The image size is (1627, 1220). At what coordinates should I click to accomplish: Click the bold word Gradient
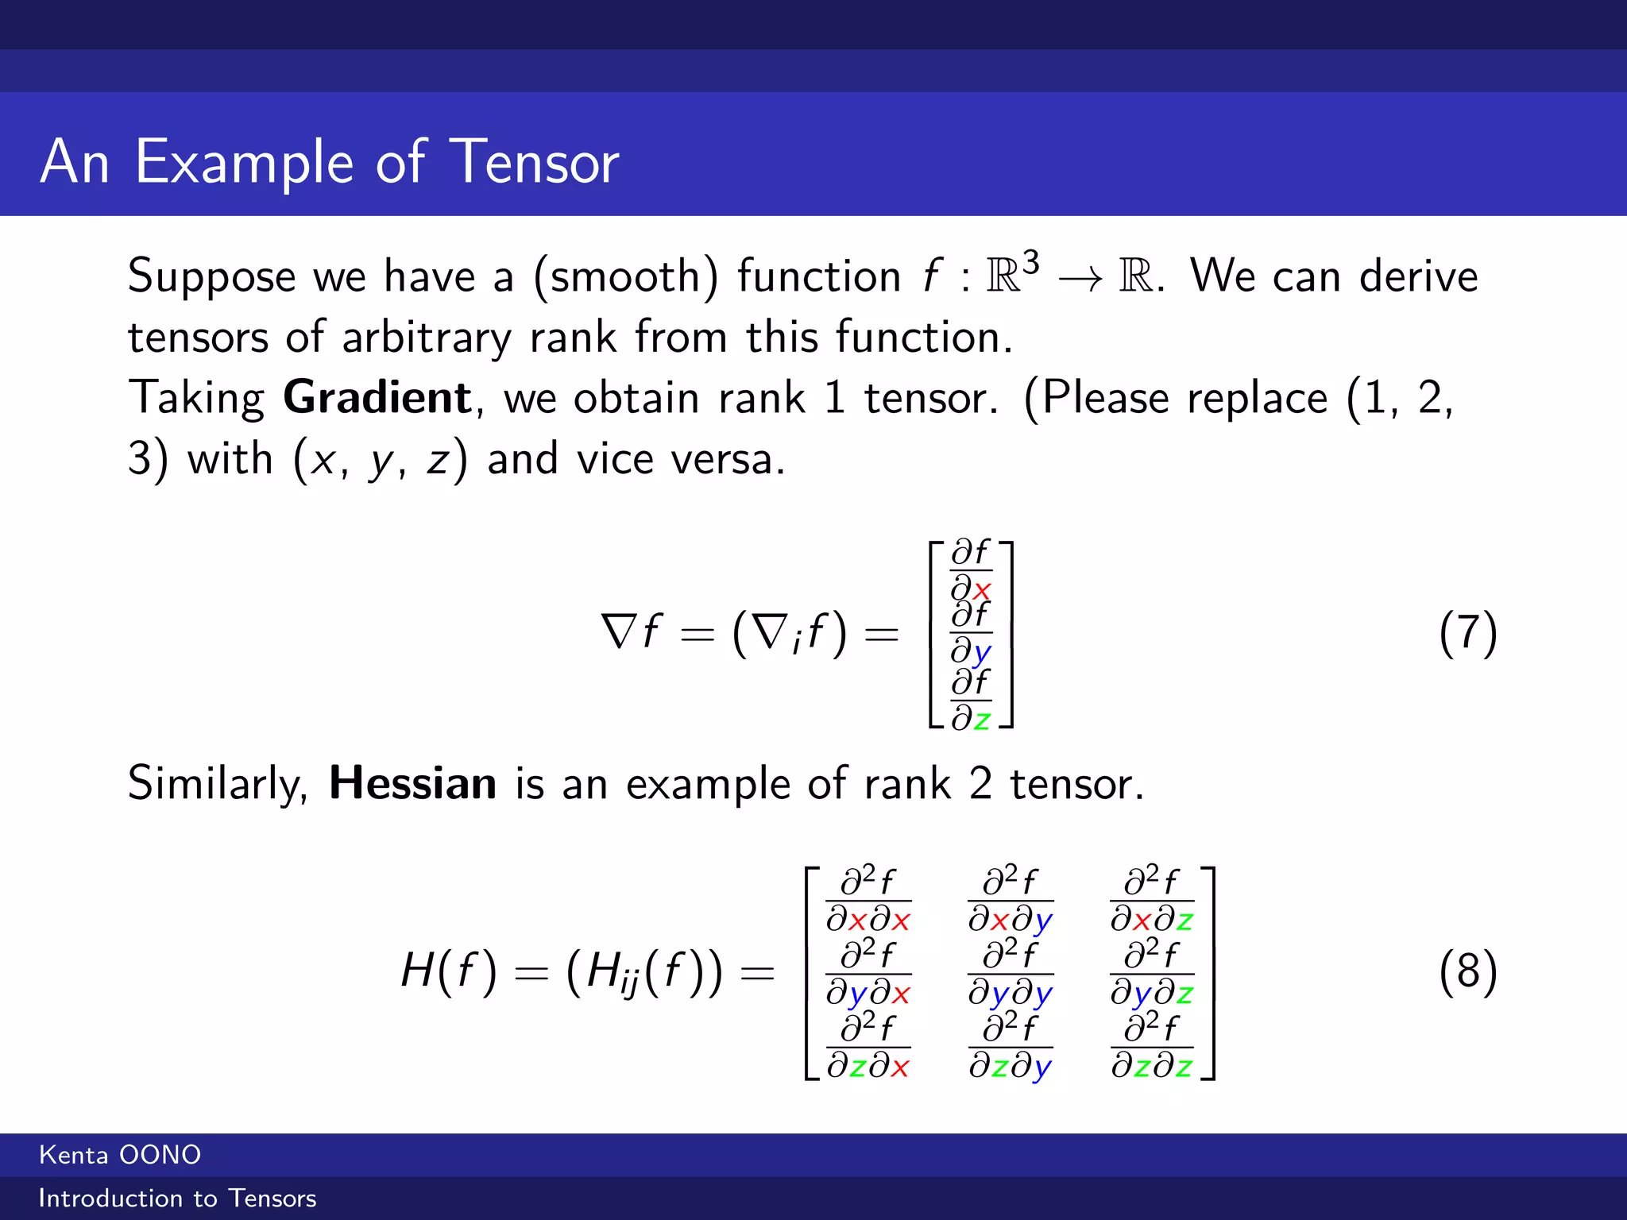pyautogui.click(x=378, y=397)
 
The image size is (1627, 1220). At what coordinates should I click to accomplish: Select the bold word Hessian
pyautogui.click(x=413, y=783)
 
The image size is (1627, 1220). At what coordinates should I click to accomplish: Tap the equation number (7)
pyautogui.click(x=1468, y=634)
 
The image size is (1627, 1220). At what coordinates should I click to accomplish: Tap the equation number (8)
pyautogui.click(x=1468, y=971)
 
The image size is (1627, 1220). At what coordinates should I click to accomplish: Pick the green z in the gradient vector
pyautogui.click(x=982, y=720)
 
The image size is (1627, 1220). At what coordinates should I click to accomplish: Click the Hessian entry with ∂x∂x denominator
pyautogui.click(x=868, y=901)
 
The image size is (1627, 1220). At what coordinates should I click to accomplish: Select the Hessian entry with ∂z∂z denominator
pyautogui.click(x=1152, y=1047)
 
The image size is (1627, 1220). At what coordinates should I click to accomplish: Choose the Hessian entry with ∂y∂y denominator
pyautogui.click(x=1010, y=974)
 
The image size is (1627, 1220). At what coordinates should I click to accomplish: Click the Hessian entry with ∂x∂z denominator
pyautogui.click(x=1152, y=901)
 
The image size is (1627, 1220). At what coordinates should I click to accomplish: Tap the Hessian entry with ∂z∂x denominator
pyautogui.click(x=868, y=1047)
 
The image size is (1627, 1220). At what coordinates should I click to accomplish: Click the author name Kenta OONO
pyautogui.click(x=120, y=1155)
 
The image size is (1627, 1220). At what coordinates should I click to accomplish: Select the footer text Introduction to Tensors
pyautogui.click(x=177, y=1199)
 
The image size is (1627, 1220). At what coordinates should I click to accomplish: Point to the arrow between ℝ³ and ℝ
pyautogui.click(x=1080, y=279)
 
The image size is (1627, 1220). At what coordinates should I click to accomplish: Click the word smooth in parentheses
pyautogui.click(x=624, y=276)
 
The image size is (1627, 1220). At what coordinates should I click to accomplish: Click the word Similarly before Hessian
pyautogui.click(x=218, y=785)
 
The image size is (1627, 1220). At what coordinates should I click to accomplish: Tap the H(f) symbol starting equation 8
pyautogui.click(x=449, y=971)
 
